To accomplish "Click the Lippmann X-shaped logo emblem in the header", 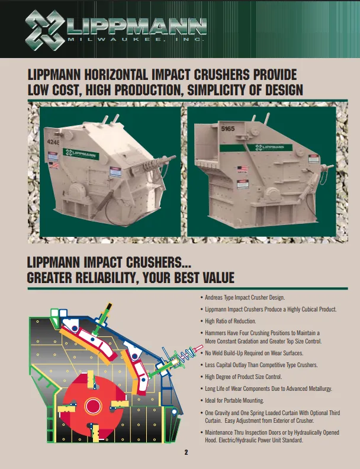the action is (45, 30).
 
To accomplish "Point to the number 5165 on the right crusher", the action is (228, 129).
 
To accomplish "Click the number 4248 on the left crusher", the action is (53, 142).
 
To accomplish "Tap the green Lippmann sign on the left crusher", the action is (81, 154).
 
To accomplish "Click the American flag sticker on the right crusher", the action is (243, 169).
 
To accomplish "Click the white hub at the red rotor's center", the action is (94, 406).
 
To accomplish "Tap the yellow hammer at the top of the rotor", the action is (91, 380).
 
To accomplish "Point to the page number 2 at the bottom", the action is (187, 452).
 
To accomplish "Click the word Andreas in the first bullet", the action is (214, 298).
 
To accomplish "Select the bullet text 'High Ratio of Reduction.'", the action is (230, 321).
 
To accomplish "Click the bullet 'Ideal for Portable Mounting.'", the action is (234, 400).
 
